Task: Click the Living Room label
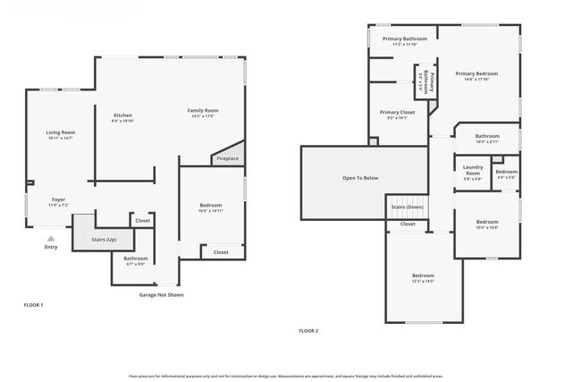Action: coord(60,132)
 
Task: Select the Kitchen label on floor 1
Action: coord(122,115)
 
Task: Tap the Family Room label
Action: coord(203,110)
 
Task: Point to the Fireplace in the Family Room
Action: coord(226,158)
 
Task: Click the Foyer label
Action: coord(58,199)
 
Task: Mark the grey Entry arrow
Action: coord(51,238)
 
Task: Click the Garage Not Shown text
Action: coord(161,294)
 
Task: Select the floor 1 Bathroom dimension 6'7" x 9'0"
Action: coord(123,264)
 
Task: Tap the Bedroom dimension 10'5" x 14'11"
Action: coord(210,212)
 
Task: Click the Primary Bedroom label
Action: coord(475,73)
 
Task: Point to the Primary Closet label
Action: coord(397,111)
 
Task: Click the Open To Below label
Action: coord(360,178)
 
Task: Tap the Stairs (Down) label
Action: coord(408,207)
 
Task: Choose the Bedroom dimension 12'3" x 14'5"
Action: coord(423,281)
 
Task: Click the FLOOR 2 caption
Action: coord(308,330)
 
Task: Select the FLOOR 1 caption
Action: coord(33,305)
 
